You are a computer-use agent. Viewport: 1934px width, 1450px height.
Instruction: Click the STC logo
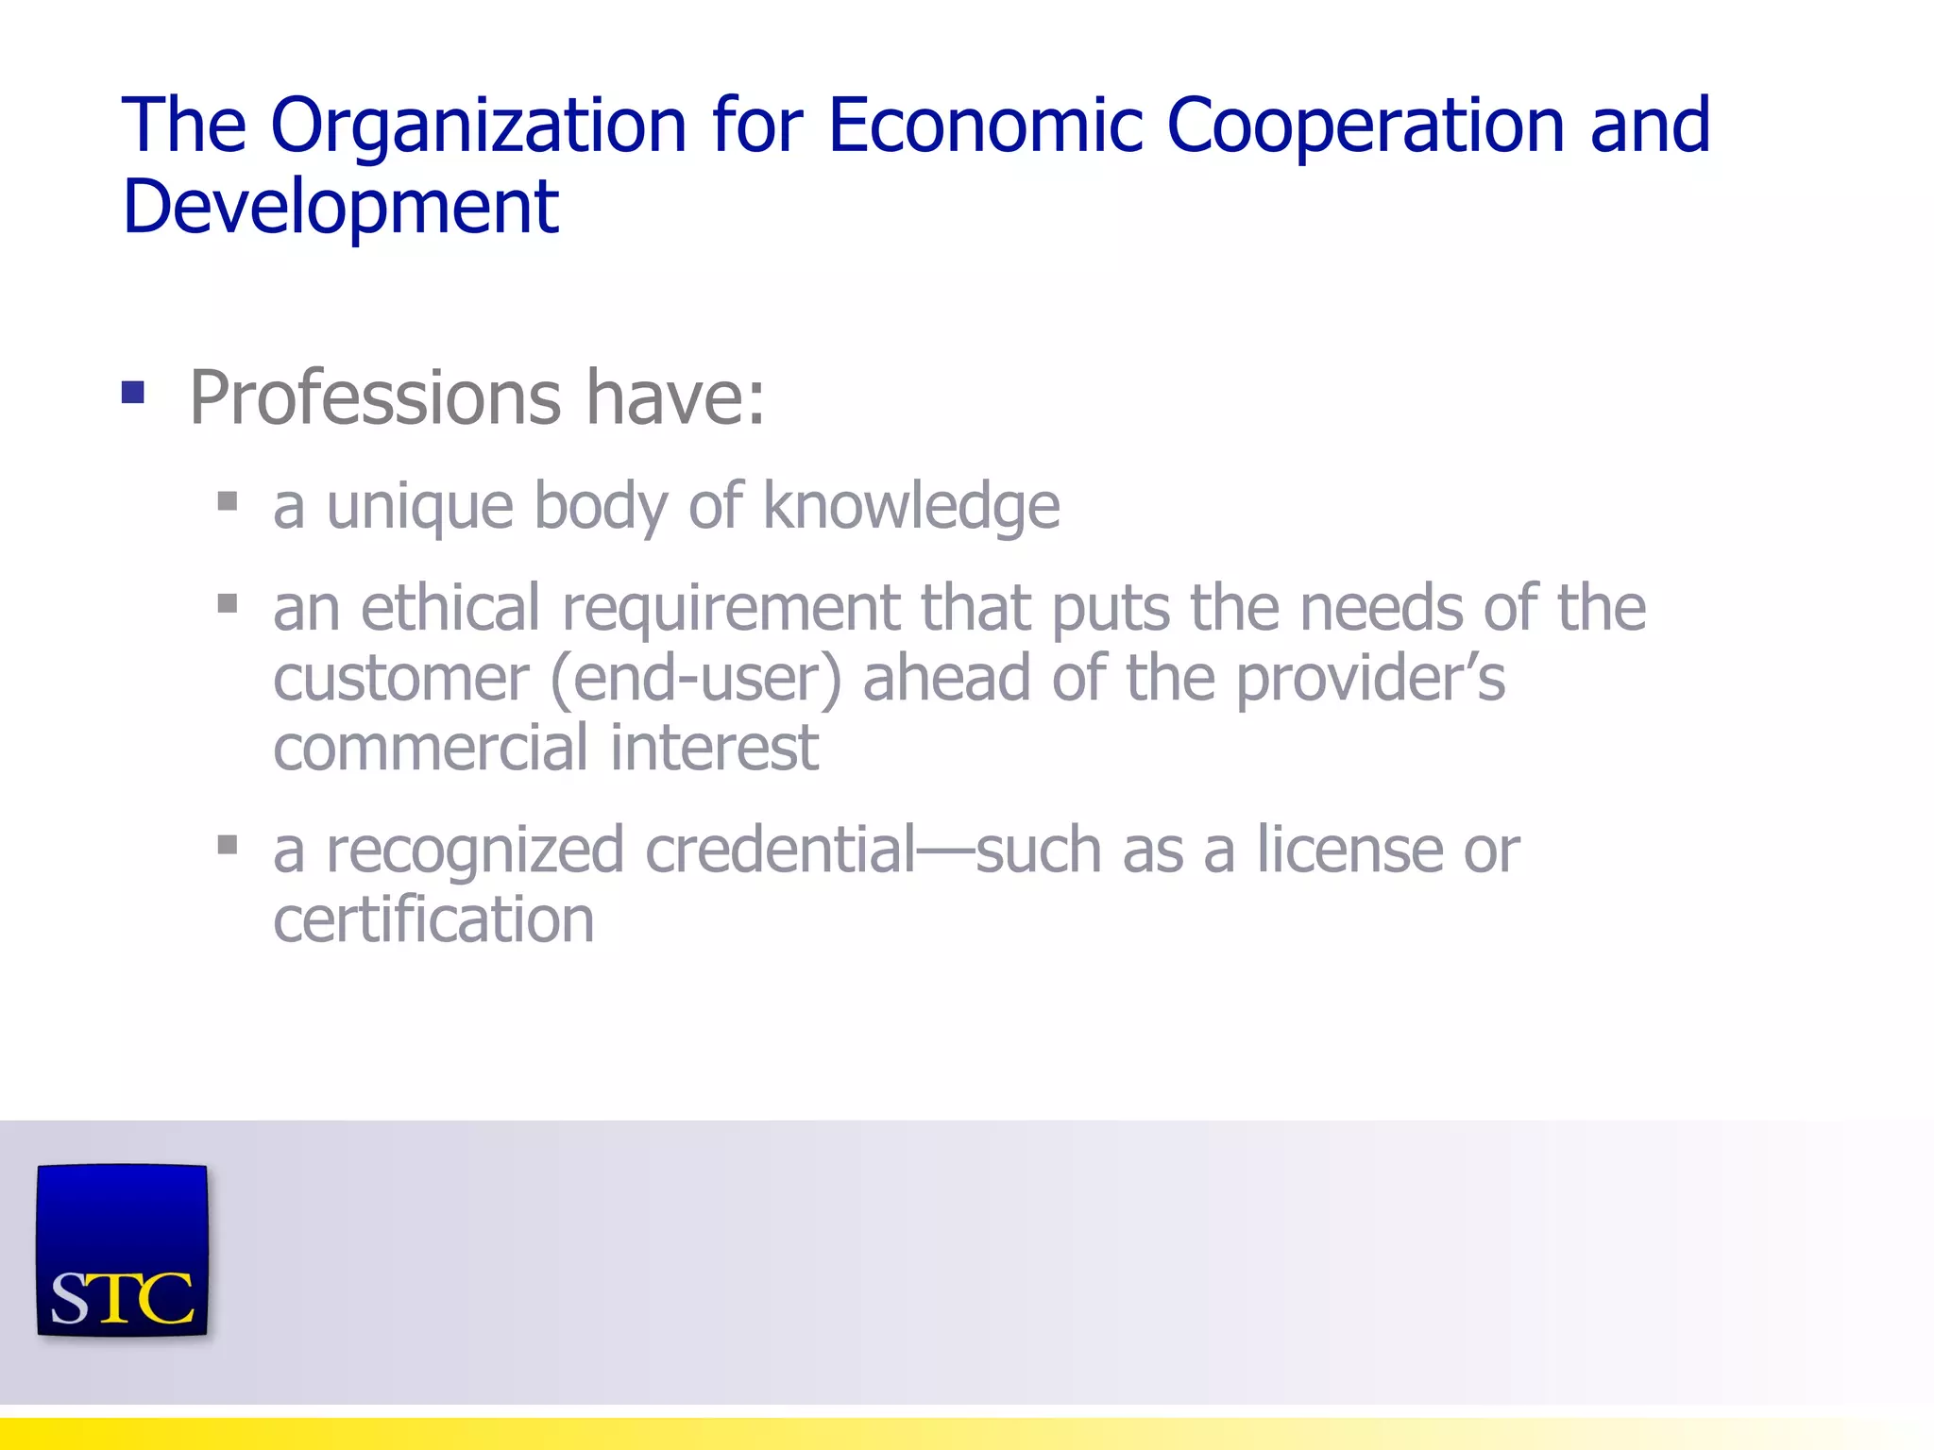coord(122,1251)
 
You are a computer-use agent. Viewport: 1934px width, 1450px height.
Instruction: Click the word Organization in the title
coord(479,126)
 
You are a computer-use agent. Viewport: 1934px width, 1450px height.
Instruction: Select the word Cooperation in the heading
coord(1366,126)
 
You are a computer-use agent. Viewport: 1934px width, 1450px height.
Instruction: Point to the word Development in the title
coord(341,207)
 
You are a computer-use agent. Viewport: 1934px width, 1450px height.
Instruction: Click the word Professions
coord(376,398)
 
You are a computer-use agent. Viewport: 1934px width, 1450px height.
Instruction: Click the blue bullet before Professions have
coord(133,392)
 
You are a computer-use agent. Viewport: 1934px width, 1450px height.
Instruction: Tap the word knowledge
coord(911,507)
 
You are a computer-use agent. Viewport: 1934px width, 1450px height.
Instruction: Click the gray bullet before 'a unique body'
coord(227,500)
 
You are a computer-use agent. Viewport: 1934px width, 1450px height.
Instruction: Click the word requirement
coord(731,609)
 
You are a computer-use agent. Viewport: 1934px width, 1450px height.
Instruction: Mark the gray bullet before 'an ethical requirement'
coord(227,602)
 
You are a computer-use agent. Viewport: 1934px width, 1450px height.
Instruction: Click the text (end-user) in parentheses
coord(695,679)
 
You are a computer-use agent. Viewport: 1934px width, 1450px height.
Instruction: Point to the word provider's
coord(1370,679)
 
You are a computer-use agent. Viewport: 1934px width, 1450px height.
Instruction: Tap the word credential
coord(781,850)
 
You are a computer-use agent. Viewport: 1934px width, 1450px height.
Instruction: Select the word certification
coord(433,919)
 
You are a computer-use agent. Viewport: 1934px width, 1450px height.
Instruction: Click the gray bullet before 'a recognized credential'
coord(227,844)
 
